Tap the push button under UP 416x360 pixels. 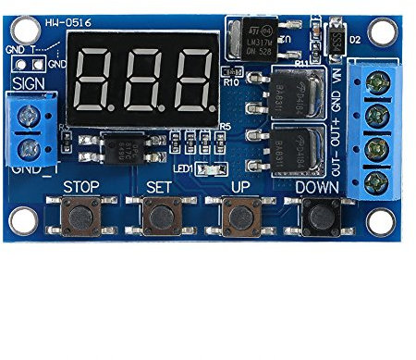[239, 216]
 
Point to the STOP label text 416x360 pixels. [81, 187]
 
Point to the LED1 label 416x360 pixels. [181, 169]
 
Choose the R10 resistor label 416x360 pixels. [232, 82]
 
